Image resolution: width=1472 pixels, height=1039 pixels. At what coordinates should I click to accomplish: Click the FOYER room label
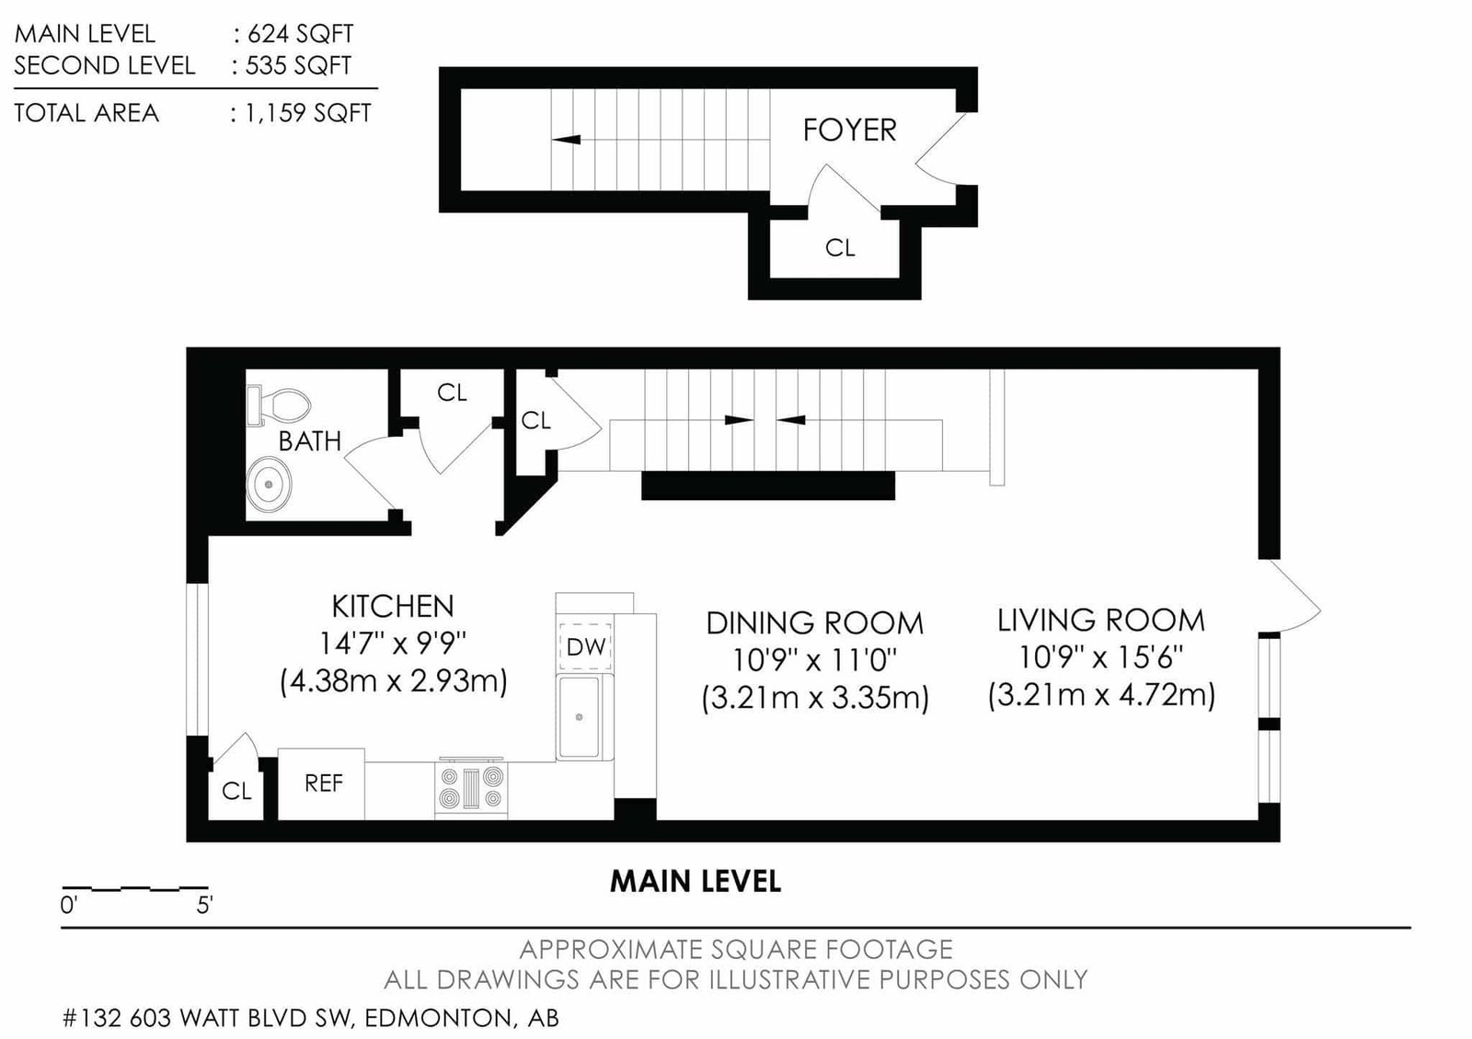(x=849, y=130)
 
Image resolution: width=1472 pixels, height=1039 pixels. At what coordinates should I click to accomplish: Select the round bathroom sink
(x=269, y=484)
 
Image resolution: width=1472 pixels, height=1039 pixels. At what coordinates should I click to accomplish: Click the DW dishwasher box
(x=585, y=646)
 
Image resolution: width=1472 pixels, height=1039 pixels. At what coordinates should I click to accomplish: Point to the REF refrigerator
(x=321, y=783)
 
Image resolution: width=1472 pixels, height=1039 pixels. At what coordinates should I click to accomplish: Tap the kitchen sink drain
(x=579, y=717)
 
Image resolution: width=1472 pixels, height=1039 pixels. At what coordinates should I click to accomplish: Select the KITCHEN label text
(x=392, y=606)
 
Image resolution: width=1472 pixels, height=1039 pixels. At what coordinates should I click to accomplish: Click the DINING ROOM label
(x=815, y=623)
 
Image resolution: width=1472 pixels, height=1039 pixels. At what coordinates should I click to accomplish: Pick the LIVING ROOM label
(x=1101, y=621)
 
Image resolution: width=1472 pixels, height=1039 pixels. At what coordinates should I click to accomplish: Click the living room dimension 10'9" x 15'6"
(x=1101, y=657)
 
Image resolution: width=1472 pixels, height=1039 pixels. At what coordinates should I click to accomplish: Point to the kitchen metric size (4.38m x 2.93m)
(x=393, y=681)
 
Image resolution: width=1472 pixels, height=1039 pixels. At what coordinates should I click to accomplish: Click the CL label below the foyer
(x=840, y=248)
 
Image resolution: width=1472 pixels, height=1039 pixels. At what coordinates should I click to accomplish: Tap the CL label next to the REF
(x=236, y=791)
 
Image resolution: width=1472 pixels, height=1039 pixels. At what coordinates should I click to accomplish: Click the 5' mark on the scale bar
(x=204, y=906)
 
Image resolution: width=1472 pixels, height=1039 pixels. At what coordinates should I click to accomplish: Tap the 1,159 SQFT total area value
(x=308, y=113)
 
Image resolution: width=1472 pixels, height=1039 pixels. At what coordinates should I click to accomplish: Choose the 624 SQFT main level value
(x=300, y=33)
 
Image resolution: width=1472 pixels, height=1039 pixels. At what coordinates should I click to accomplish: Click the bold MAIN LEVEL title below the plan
(x=696, y=882)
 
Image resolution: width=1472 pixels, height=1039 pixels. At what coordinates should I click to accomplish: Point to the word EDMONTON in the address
(x=438, y=1018)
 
